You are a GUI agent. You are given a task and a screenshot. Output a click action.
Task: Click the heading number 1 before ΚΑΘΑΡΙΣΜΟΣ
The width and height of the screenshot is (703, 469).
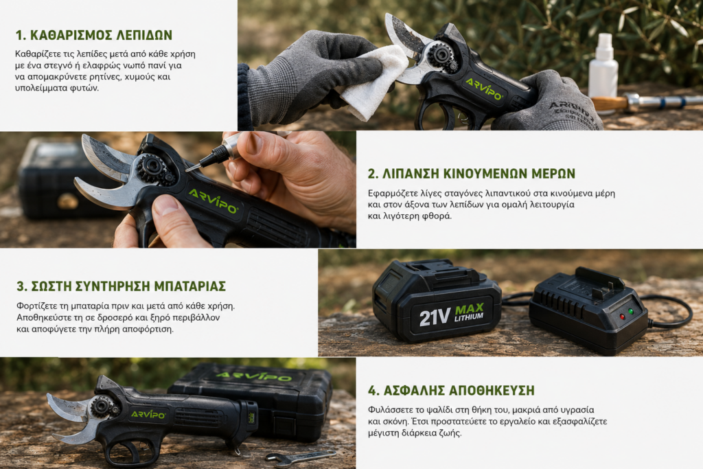(x=19, y=35)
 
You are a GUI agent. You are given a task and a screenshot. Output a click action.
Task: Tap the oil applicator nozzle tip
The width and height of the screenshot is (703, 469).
(x=188, y=170)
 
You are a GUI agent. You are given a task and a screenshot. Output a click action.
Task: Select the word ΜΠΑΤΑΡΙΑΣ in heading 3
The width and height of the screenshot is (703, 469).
(x=190, y=286)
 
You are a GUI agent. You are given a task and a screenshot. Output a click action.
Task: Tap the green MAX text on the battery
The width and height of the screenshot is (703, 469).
(x=470, y=309)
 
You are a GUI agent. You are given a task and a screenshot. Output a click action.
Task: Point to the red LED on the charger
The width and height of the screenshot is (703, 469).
(x=622, y=316)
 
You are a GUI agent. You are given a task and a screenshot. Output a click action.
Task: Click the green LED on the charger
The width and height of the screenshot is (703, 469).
(x=632, y=311)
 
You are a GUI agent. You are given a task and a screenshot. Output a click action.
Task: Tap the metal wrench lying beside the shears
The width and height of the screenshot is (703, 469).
(x=301, y=457)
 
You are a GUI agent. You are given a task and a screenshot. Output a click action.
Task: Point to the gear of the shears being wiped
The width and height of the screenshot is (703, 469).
(x=441, y=56)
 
